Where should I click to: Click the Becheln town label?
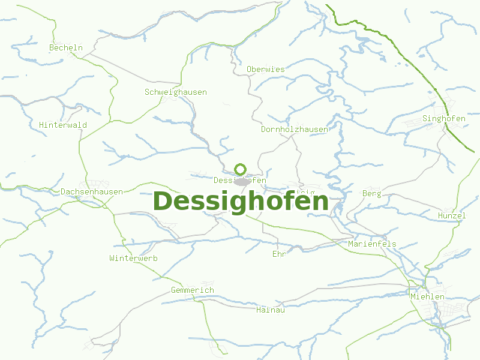tap(66, 47)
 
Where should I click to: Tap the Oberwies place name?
tap(266, 69)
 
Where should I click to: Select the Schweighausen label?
tap(176, 92)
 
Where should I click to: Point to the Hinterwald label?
tap(63, 125)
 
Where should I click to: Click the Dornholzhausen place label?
tap(295, 129)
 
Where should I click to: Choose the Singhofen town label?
tap(444, 118)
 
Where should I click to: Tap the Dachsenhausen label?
tap(92, 191)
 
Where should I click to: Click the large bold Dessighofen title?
tap(241, 201)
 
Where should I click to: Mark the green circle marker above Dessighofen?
tap(241, 169)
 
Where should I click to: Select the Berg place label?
tap(372, 193)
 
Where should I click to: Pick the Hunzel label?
tap(452, 215)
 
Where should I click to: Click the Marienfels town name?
tap(372, 244)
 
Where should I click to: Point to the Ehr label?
tap(279, 254)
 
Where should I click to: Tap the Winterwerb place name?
tap(133, 258)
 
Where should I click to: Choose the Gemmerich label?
tap(192, 290)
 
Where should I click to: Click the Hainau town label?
tap(270, 310)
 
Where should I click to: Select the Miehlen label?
tap(427, 296)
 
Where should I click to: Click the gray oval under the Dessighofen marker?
tap(242, 182)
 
